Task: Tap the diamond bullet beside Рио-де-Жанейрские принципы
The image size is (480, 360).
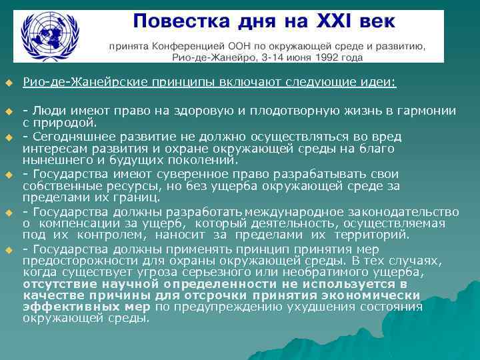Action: point(9,83)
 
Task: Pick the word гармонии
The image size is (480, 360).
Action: point(429,111)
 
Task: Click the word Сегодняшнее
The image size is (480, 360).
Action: point(72,137)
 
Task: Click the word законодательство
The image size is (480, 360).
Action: point(407,212)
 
